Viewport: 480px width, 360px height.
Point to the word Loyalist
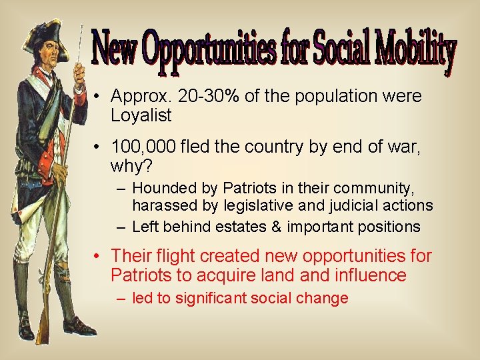pos(141,116)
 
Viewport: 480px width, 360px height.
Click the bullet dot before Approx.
pos(97,97)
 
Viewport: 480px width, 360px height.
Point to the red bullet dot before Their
pos(97,256)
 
